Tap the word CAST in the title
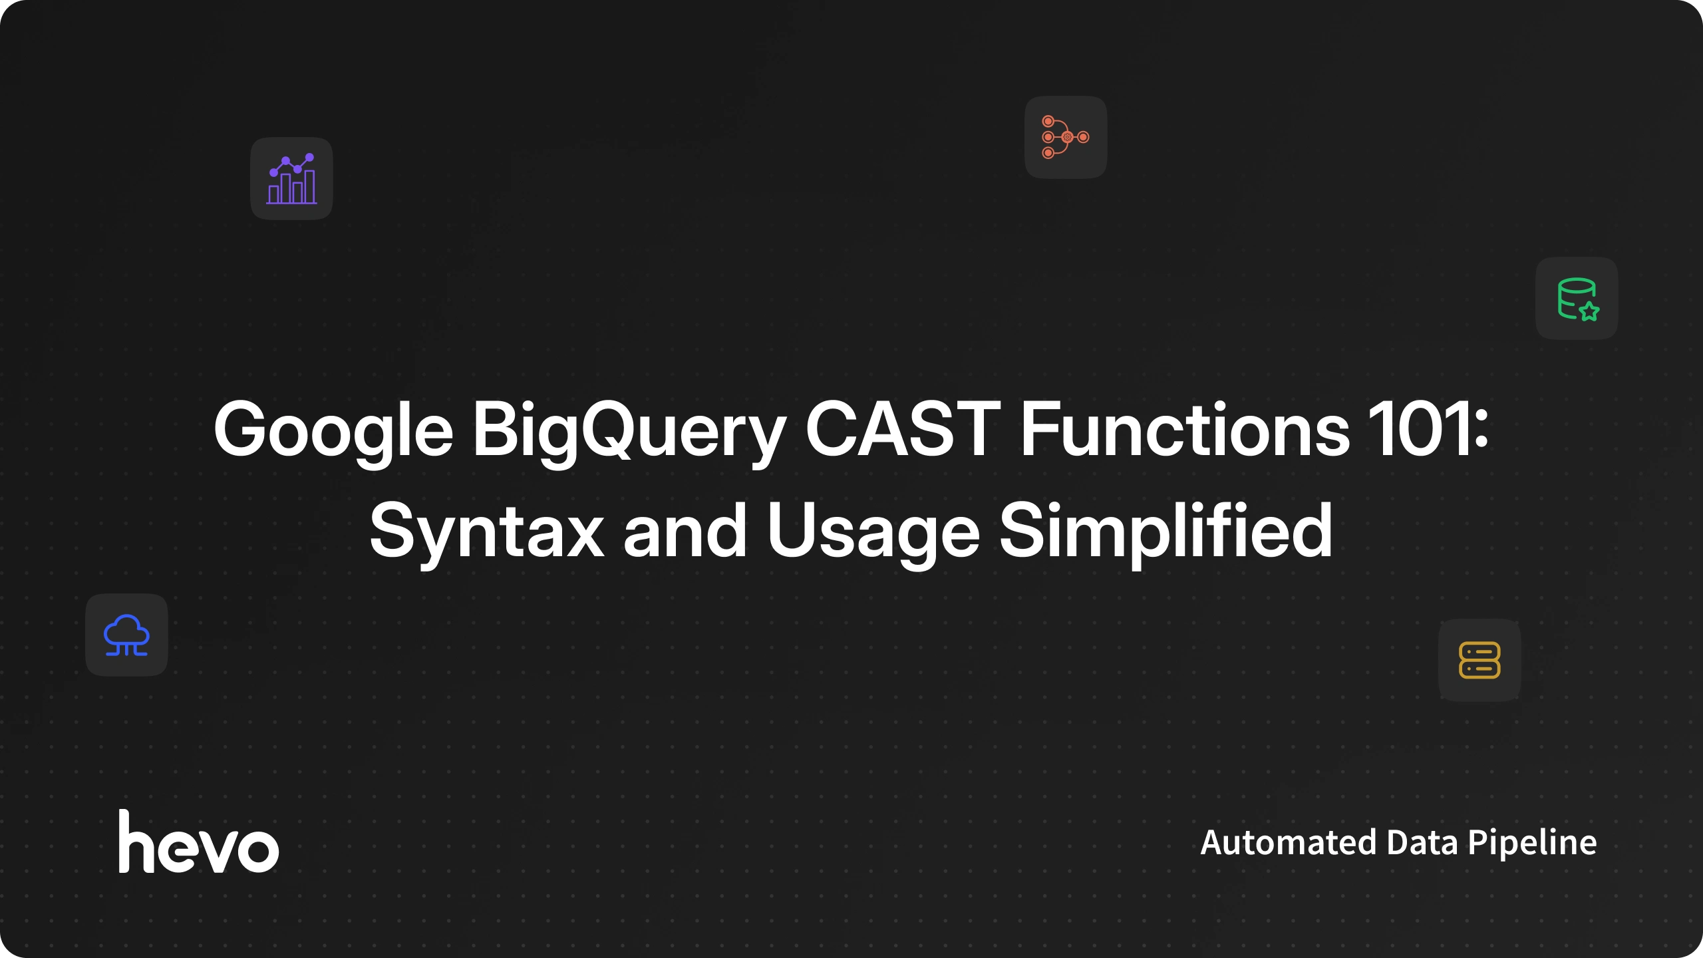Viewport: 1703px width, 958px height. pos(903,429)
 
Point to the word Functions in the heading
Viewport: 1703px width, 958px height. pos(1185,429)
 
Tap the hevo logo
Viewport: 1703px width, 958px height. pos(198,841)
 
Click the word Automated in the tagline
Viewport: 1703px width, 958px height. pos(1288,842)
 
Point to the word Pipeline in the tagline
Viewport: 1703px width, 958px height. pos(1532,844)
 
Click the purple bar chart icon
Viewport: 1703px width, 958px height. pos(291,178)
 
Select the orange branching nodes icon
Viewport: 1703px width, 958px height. pos(1066,137)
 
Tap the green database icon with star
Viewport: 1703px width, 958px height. pos(1577,299)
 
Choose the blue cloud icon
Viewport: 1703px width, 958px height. pos(126,635)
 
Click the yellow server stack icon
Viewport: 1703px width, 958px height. pos(1479,660)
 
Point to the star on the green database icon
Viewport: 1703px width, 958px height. pos(1589,311)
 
